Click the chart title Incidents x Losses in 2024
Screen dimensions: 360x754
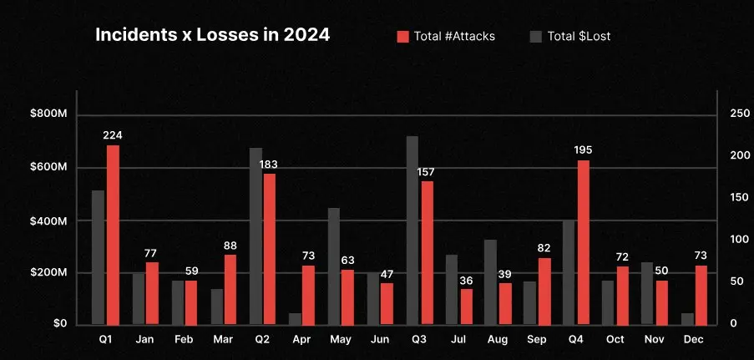point(212,36)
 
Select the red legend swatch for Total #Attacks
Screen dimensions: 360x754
point(402,36)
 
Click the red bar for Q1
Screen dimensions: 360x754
point(113,235)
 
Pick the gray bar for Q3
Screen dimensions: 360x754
point(412,230)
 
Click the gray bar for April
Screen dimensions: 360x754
point(295,318)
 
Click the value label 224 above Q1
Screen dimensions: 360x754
point(113,135)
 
